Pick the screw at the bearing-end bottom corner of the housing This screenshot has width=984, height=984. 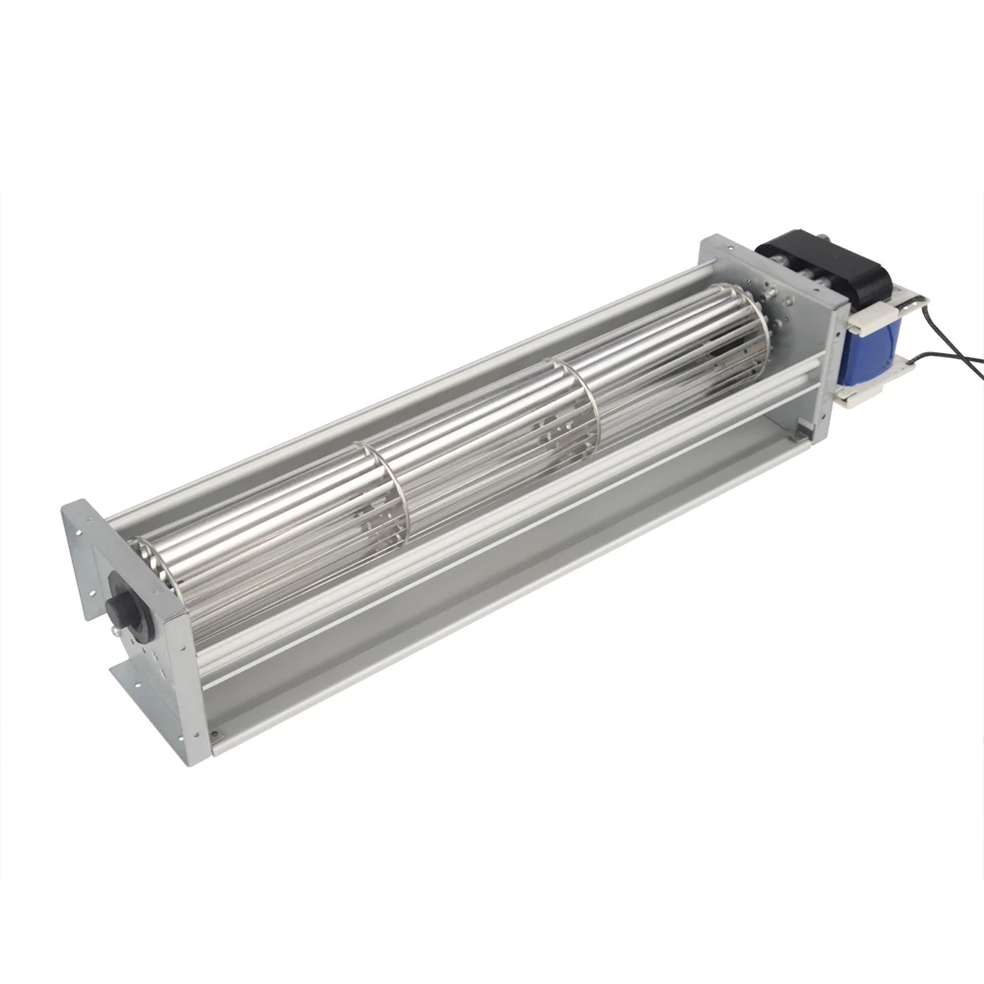(211, 732)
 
